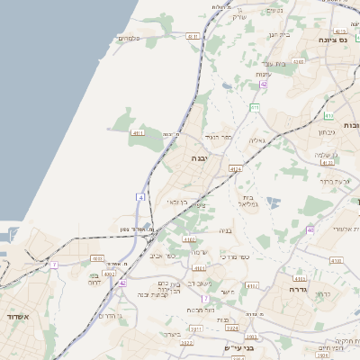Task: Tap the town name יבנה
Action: [198, 157]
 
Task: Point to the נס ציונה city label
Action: [333, 40]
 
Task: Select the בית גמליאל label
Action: [250, 201]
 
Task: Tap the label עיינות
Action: [263, 74]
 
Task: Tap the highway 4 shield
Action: [141, 196]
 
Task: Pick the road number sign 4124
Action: [236, 168]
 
